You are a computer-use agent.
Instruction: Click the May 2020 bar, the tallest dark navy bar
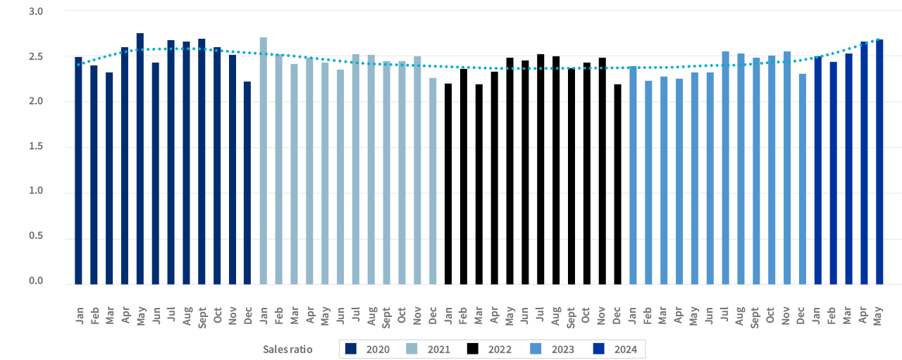click(140, 159)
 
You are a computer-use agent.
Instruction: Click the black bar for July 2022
click(540, 169)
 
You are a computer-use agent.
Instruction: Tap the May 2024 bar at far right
click(879, 162)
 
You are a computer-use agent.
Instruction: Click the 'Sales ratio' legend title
click(287, 349)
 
